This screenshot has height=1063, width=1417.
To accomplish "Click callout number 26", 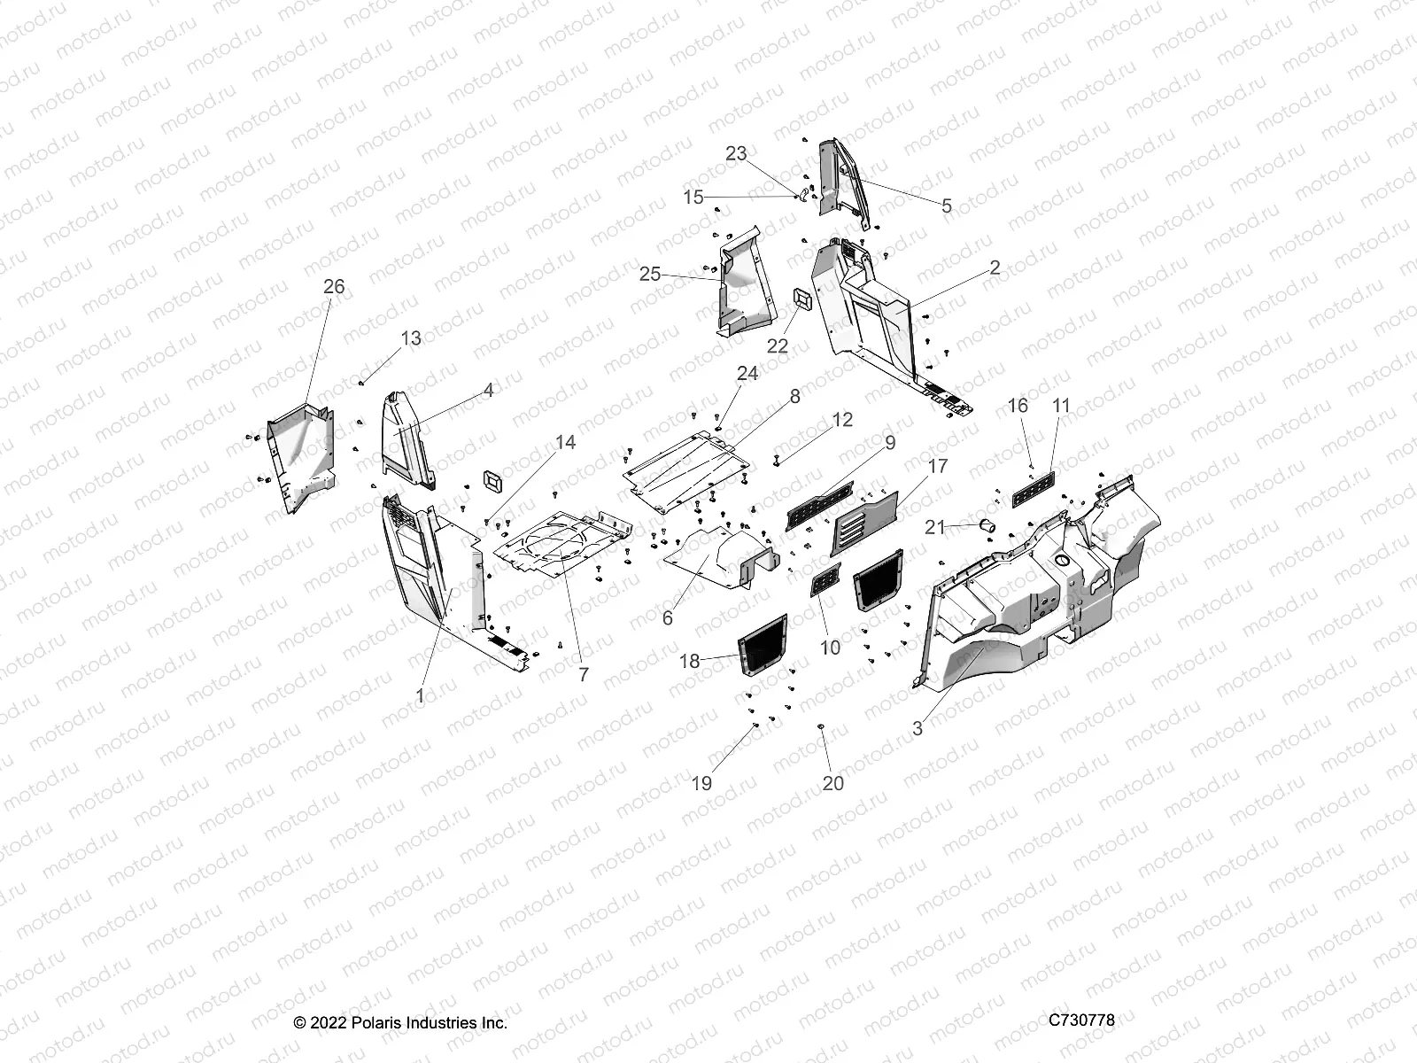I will coord(334,287).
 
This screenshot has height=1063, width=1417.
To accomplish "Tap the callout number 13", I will coord(411,338).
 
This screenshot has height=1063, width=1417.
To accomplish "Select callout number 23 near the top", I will coord(736,154).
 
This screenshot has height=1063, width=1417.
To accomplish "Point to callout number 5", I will coord(947,206).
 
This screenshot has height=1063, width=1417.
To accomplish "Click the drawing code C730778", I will coord(1081,1020).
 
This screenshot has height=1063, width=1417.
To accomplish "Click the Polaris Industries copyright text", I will coord(400,1023).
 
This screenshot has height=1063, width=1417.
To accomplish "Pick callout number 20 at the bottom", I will coord(833,783).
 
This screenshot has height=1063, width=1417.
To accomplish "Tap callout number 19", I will coord(701,783).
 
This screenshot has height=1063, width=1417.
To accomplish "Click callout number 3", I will coord(918,728).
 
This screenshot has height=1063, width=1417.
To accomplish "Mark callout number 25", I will coord(650,275).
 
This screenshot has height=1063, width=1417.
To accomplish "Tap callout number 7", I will coord(583,674).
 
